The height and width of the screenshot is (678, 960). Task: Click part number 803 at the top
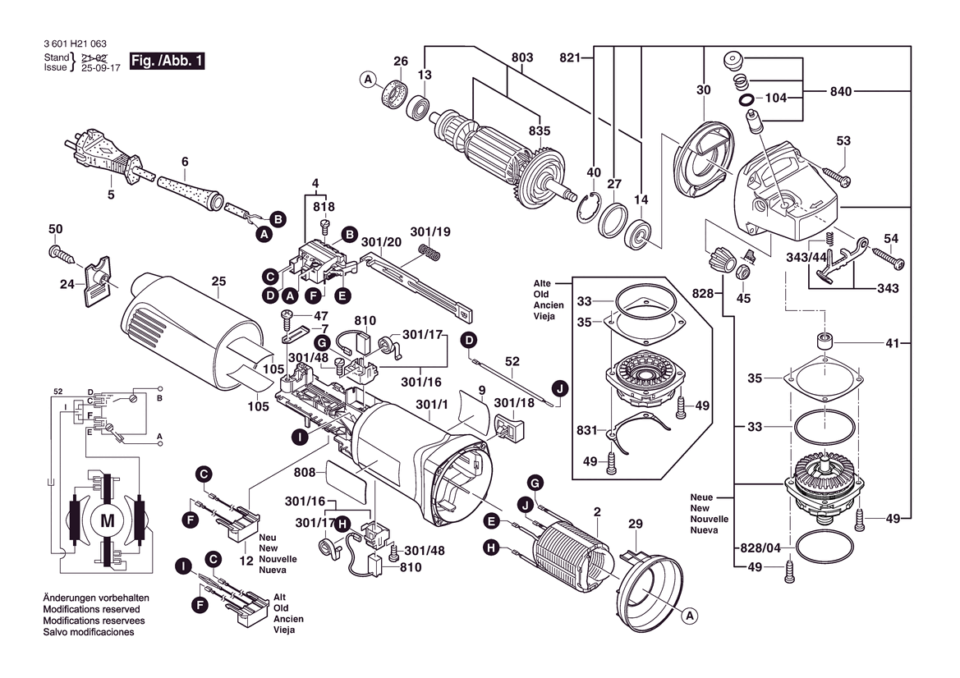[x=522, y=57]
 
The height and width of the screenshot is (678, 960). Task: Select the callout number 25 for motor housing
[x=218, y=282]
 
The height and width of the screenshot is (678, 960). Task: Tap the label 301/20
[x=381, y=243]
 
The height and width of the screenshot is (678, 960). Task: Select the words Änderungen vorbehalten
[x=95, y=598]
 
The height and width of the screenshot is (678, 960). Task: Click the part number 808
[x=305, y=473]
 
